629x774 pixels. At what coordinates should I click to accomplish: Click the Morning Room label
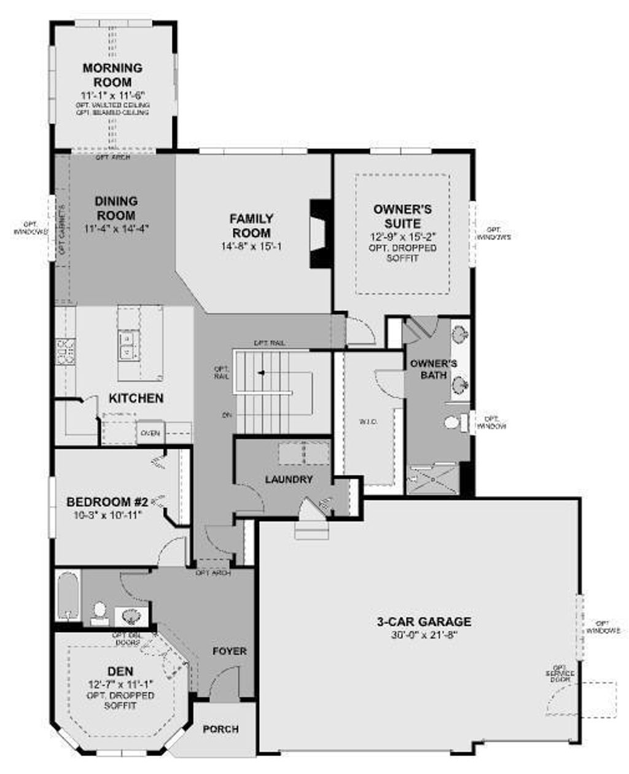112,75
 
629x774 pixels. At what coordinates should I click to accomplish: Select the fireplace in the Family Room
320,234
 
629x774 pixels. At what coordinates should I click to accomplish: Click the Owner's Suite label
402,216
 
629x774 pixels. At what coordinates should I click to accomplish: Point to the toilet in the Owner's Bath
453,423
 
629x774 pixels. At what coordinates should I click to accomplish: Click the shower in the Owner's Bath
432,478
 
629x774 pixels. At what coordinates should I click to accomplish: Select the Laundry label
289,479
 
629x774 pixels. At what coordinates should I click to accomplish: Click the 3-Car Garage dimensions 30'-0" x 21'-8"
424,636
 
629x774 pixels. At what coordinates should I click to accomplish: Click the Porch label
221,729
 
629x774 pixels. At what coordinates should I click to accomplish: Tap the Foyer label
229,651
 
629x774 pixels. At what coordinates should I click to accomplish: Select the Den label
120,671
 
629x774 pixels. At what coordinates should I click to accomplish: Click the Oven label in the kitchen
150,433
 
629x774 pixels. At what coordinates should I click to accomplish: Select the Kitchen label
136,398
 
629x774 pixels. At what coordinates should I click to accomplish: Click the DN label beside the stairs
227,416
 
